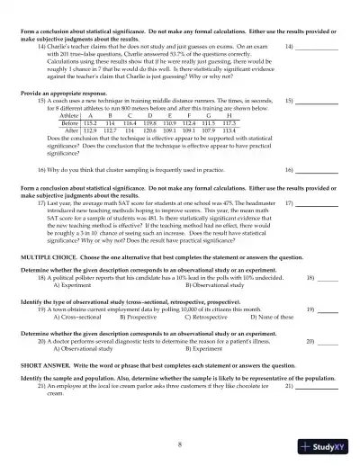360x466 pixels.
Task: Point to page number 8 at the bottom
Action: (x=180, y=444)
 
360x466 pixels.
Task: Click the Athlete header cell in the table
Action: (x=68, y=116)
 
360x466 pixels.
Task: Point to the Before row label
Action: (x=68, y=122)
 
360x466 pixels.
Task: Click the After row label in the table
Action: (x=68, y=130)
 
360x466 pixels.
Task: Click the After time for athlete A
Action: (x=89, y=130)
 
